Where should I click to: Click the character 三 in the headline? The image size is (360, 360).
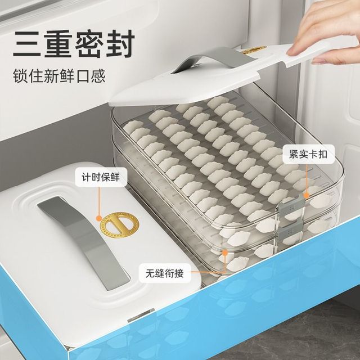27,44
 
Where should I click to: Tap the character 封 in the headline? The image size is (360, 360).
120,44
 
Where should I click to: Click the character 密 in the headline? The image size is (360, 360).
89,44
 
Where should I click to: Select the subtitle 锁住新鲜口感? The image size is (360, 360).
59,75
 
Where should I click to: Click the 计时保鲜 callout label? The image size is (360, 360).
101,177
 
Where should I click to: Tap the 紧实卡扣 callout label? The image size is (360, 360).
308,154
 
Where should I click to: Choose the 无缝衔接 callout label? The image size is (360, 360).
165,273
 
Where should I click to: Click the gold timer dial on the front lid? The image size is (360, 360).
119,224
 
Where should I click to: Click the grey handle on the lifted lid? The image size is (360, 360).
214,60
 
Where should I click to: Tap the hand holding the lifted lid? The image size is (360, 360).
326,30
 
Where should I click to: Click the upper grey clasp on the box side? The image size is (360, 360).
291,206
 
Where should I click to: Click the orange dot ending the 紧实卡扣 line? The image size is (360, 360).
306,195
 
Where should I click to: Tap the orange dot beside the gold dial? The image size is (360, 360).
99,218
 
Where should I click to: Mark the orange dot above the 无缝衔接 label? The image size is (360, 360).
225,253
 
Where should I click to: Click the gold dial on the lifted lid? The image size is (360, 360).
254,49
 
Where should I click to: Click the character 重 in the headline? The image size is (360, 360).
58,44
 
